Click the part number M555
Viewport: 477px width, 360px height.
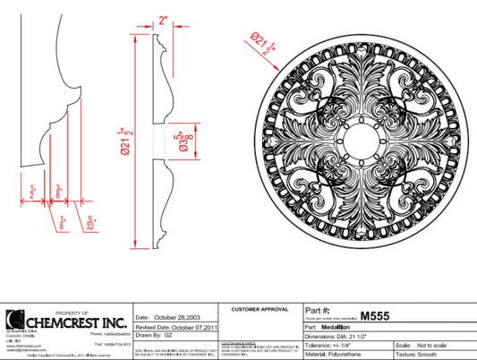coord(373,315)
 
